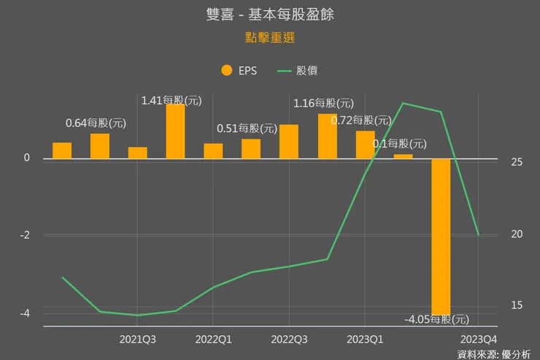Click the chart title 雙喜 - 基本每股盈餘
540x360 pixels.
point(270,15)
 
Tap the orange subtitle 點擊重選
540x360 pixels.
point(269,37)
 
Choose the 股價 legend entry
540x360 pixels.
point(298,71)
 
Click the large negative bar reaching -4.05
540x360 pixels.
point(441,235)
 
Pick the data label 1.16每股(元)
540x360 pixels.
point(323,104)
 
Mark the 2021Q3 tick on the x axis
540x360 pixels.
point(138,340)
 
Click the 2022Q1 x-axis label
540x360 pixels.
point(214,340)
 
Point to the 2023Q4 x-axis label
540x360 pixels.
point(479,340)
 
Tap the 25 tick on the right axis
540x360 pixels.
point(516,162)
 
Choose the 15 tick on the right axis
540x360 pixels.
point(516,305)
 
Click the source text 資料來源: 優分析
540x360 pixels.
point(494,354)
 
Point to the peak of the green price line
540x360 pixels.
point(403,103)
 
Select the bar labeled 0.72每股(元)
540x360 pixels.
point(365,145)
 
